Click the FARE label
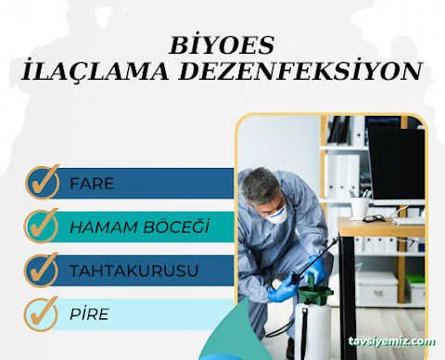point(92,183)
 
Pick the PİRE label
point(89,314)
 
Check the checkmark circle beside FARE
point(43,182)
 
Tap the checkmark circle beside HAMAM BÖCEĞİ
point(43,225)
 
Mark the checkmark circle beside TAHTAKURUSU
point(43,269)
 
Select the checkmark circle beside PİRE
point(43,313)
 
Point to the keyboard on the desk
point(408,220)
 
